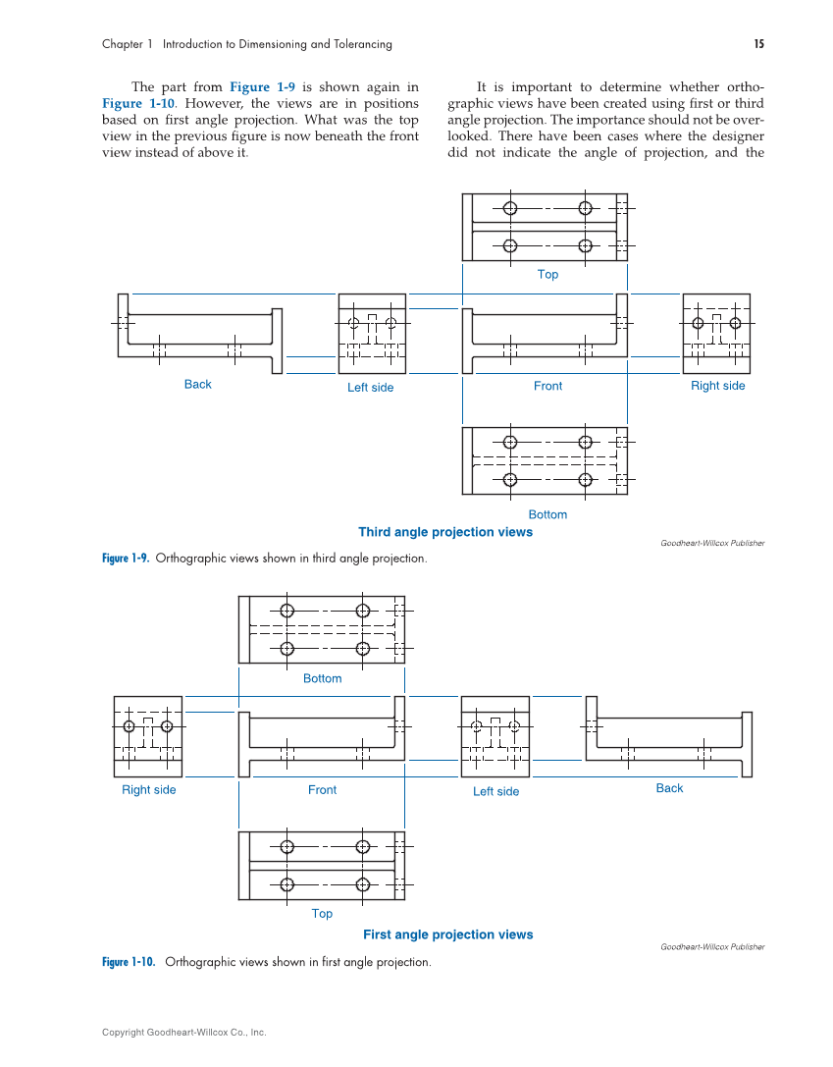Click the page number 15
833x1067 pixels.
click(758, 44)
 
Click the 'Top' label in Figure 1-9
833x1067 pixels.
click(547, 275)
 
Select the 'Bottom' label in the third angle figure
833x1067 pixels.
click(547, 514)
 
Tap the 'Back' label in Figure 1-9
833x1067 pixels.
click(197, 385)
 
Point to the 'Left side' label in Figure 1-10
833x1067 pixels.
click(495, 791)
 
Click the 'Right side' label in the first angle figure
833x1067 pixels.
click(148, 790)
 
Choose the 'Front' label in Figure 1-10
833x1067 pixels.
click(322, 790)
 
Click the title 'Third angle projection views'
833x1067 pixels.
click(445, 532)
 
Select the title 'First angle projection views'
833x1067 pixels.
click(447, 934)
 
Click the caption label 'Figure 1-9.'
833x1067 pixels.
click(126, 559)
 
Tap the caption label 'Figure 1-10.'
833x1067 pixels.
click(129, 962)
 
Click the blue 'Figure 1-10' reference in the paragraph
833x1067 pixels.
click(138, 103)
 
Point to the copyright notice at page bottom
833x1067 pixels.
click(183, 1033)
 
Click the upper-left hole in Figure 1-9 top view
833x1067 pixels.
click(510, 208)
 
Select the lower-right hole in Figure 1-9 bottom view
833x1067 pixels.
click(585, 480)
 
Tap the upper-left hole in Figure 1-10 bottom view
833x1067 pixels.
click(287, 611)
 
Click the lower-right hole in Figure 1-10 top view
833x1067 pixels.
click(362, 884)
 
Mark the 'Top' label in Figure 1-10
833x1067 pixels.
click(322, 914)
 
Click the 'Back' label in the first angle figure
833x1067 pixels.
click(669, 788)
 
